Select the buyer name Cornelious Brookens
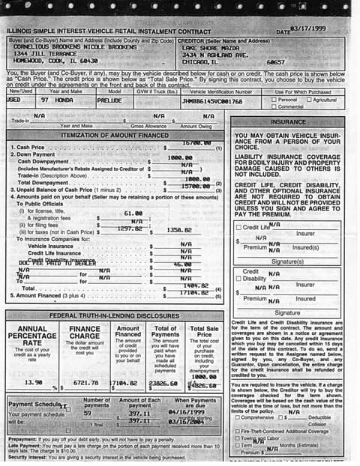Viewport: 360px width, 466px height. coord(41,46)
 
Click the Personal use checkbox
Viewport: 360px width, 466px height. coord(273,100)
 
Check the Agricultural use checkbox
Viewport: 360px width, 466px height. coord(308,100)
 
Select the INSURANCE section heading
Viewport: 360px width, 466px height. coord(288,121)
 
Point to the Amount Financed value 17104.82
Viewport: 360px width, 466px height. coord(195,294)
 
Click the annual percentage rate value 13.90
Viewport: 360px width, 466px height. coord(33,382)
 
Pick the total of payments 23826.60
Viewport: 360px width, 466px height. coord(163,382)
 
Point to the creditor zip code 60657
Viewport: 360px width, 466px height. coord(275,61)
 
